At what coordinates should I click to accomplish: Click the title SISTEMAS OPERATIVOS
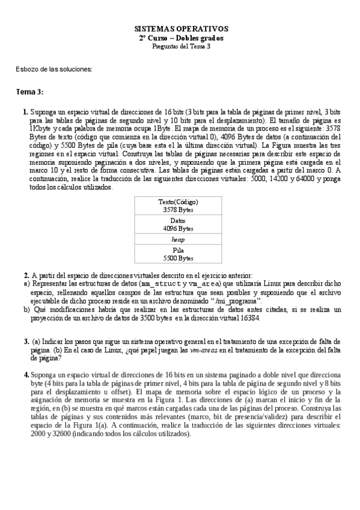[x=180, y=28]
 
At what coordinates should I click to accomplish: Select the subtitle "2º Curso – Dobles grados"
[x=180, y=38]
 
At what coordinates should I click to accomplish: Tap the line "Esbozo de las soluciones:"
[x=54, y=69]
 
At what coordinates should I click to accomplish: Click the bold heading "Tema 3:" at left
[x=29, y=91]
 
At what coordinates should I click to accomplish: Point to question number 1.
[x=25, y=112]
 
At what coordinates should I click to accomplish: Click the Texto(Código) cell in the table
[x=178, y=202]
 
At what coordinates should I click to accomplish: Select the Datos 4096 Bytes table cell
[x=178, y=225]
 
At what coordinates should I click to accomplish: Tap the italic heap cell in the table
[x=178, y=239]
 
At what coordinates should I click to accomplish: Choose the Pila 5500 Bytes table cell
[x=178, y=254]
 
